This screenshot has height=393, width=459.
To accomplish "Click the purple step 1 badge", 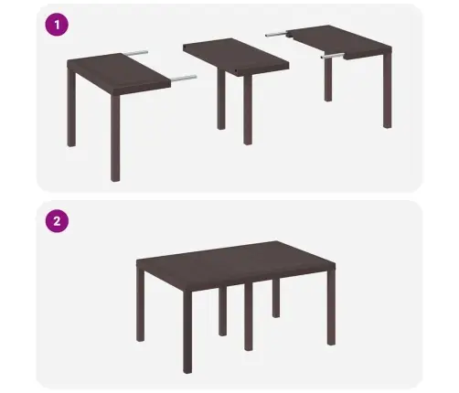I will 58,25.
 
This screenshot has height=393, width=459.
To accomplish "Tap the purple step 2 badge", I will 58,220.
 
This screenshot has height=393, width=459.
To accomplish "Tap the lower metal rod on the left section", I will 182,80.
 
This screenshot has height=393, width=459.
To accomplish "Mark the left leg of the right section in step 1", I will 328,78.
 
